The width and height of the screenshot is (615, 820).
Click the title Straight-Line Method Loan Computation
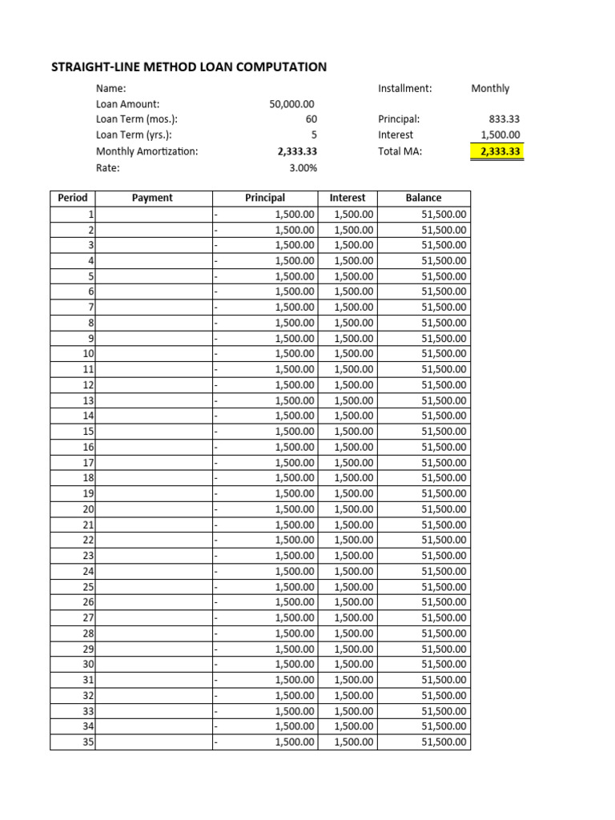[189, 67]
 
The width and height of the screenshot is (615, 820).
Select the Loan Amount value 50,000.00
[292, 104]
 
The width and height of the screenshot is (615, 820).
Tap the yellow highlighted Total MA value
[496, 151]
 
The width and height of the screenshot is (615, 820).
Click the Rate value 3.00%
[303, 167]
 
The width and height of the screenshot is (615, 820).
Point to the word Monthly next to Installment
[490, 89]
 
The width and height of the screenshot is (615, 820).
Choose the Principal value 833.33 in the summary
[504, 119]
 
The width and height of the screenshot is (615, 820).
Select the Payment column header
[153, 198]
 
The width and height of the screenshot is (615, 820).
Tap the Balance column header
[423, 198]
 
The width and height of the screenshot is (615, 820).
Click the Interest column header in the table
[347, 198]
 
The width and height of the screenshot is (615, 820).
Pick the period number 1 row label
[90, 214]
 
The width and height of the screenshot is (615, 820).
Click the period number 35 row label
[88, 742]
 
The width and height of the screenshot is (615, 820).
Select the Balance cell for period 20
[444, 509]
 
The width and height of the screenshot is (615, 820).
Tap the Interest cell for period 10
[353, 354]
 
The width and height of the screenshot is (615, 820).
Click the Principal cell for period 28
[295, 633]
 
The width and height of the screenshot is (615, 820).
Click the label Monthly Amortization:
[147, 151]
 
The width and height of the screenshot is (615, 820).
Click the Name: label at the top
[111, 89]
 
